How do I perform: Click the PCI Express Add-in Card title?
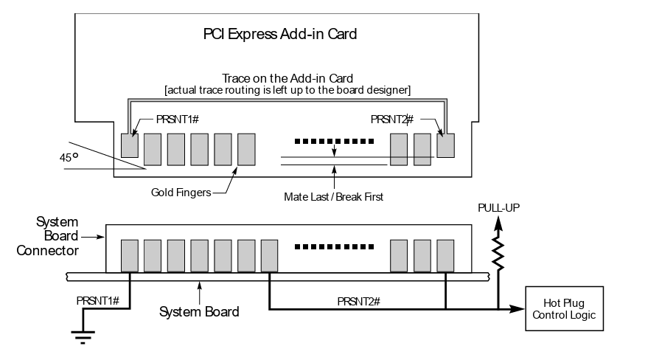click(x=279, y=34)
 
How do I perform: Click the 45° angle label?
click(x=69, y=158)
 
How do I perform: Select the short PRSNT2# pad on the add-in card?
click(x=445, y=145)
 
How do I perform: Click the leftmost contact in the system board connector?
click(x=129, y=255)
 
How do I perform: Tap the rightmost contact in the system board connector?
click(x=445, y=255)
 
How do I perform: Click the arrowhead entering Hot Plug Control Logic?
click(x=515, y=309)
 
